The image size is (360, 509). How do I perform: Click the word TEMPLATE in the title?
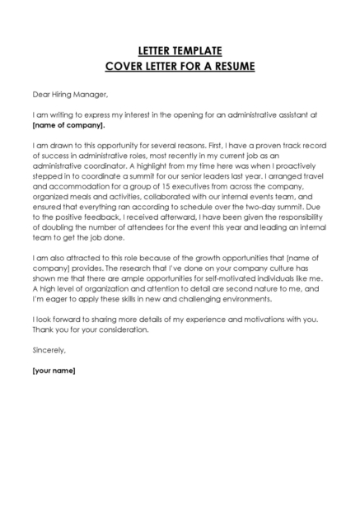(194, 50)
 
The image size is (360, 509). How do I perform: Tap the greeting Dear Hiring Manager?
(70, 94)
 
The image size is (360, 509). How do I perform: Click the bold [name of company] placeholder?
(68, 126)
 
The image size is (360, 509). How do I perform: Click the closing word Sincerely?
(49, 349)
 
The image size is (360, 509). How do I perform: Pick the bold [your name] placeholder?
(54, 371)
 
